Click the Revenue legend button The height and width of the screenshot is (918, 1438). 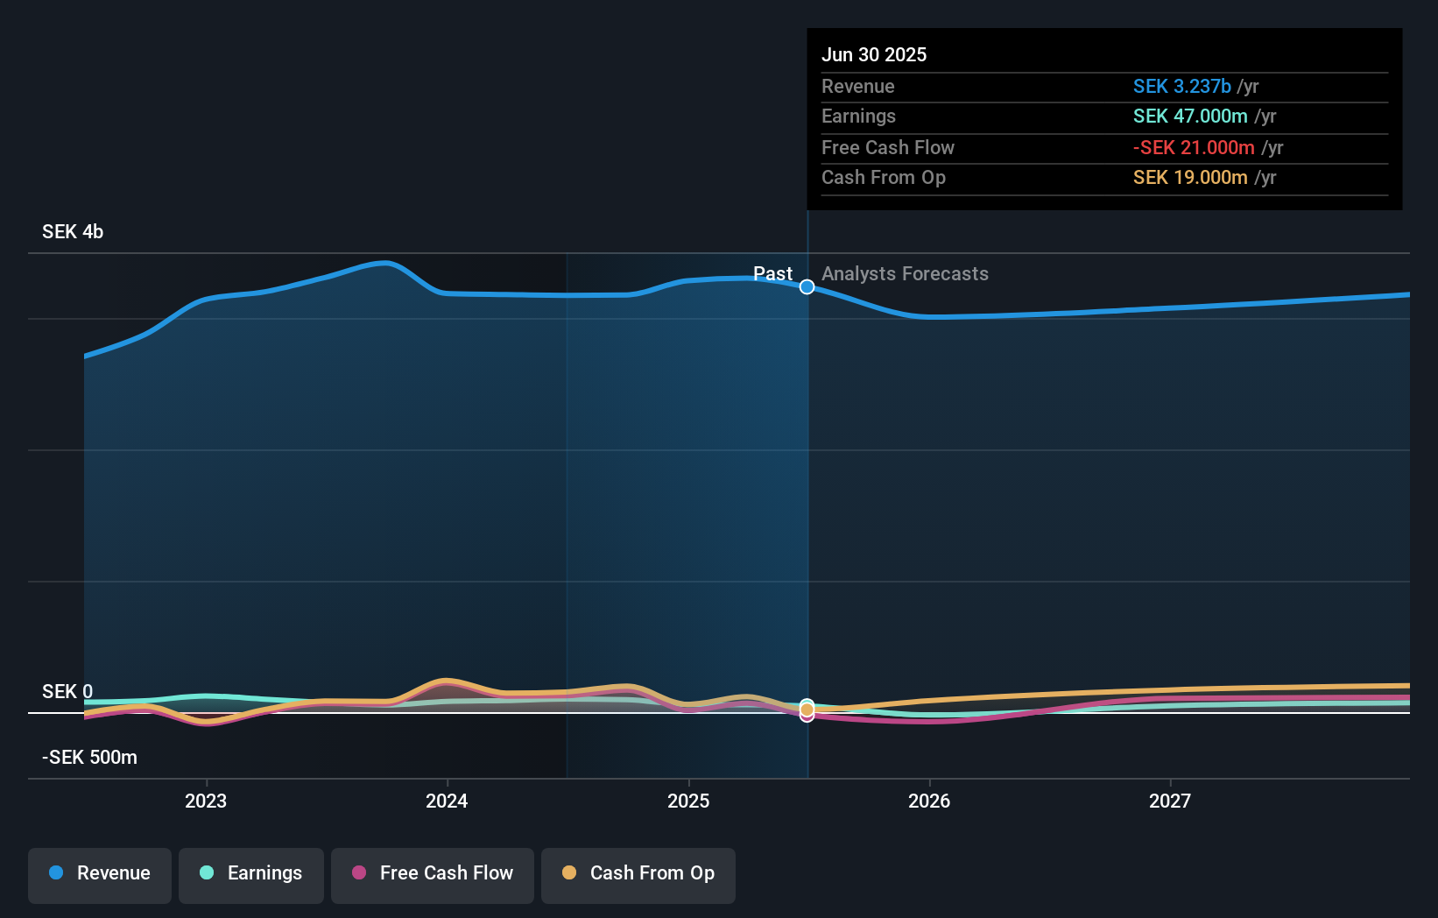[100, 873]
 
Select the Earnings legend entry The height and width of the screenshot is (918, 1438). [251, 873]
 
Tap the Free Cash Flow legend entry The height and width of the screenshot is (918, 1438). [433, 873]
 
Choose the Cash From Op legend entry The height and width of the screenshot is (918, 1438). [638, 873]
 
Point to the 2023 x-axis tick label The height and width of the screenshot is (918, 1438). [206, 801]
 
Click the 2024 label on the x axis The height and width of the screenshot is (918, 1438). [447, 801]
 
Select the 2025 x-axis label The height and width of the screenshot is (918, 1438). [688, 801]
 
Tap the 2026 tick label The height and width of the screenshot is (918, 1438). [929, 801]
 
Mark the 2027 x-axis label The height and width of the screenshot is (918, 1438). [1170, 801]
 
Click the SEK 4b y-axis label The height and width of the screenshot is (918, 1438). [73, 232]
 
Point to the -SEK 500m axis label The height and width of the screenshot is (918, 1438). [89, 758]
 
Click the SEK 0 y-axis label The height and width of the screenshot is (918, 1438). [67, 692]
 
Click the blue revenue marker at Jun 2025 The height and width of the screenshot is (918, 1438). [807, 287]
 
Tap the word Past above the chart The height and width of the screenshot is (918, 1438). [772, 274]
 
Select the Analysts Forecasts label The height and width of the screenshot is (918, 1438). [905, 274]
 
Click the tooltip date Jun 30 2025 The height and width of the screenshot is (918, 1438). [874, 55]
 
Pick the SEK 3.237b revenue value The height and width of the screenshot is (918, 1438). [1181, 87]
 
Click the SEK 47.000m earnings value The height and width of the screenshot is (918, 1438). [1190, 117]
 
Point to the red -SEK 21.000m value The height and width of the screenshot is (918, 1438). [1194, 148]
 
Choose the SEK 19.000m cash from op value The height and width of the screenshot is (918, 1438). [1190, 178]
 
